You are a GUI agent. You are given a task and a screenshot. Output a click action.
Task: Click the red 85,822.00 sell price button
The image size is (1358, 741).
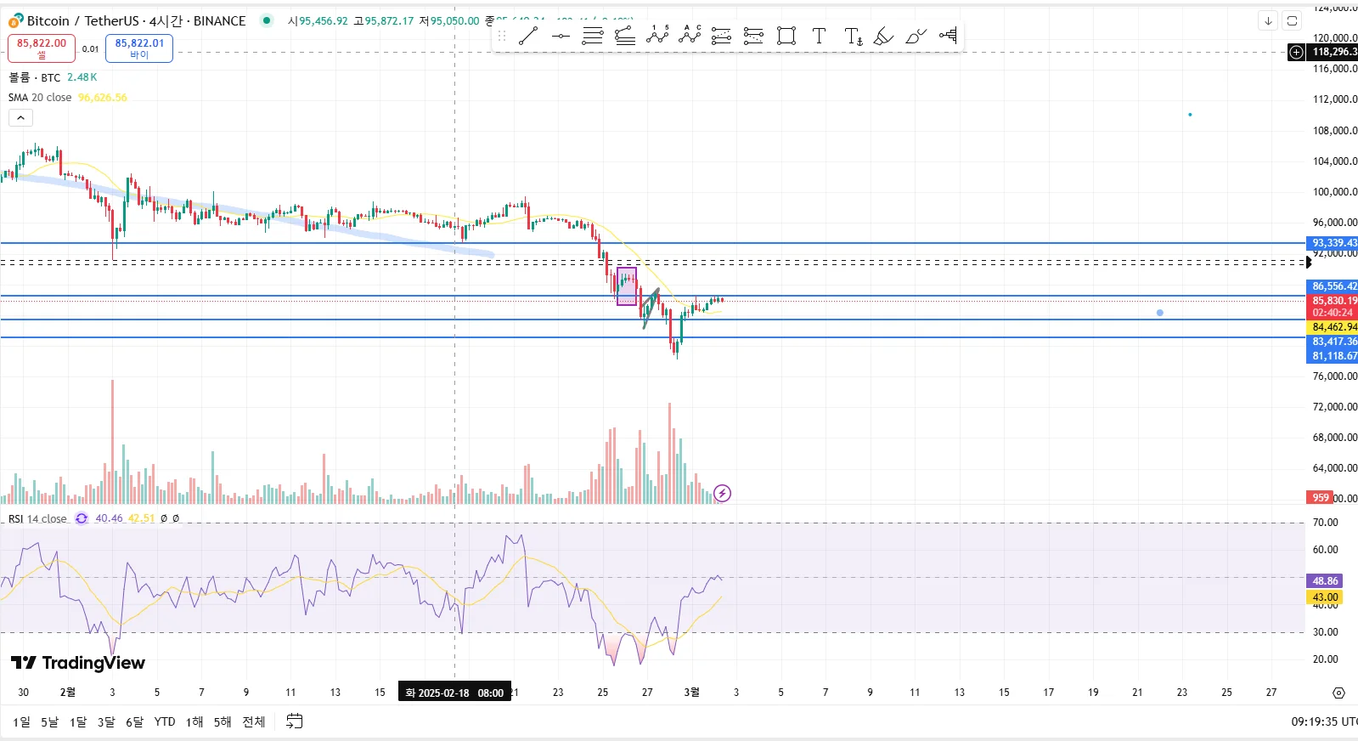click(42, 48)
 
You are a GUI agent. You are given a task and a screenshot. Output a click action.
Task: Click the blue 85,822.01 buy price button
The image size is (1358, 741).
click(139, 48)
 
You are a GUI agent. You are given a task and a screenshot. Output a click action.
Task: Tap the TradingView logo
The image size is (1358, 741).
click(78, 663)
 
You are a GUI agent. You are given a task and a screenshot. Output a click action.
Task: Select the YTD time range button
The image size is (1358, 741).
click(165, 721)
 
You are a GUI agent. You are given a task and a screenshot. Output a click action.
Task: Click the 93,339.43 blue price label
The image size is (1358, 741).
click(1333, 243)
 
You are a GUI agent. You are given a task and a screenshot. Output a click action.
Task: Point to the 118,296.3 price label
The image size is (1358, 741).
click(1333, 52)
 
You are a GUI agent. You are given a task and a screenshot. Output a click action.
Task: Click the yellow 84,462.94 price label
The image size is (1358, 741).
click(1333, 327)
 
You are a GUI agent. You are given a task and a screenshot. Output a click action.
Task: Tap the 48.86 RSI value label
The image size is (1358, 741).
click(1325, 581)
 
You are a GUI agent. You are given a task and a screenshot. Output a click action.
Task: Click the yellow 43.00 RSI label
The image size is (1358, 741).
click(1325, 597)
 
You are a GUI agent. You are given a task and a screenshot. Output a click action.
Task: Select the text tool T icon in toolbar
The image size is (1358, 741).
click(819, 36)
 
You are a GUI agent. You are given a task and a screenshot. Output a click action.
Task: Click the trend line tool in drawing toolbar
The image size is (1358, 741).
click(528, 36)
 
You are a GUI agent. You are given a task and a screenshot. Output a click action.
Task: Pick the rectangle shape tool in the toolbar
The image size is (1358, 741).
click(786, 36)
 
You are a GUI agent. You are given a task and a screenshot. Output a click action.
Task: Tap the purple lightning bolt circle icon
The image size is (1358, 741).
click(722, 493)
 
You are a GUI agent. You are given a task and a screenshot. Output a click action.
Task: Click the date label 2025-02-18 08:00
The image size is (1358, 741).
click(454, 693)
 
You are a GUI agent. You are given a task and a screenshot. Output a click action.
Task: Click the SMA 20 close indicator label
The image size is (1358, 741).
click(40, 98)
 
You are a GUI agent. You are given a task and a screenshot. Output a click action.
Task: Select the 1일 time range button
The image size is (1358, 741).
click(21, 721)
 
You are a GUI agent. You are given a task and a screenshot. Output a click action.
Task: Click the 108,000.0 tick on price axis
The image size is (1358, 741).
click(1334, 131)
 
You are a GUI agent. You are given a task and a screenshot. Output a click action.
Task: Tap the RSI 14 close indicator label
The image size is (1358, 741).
click(37, 518)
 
